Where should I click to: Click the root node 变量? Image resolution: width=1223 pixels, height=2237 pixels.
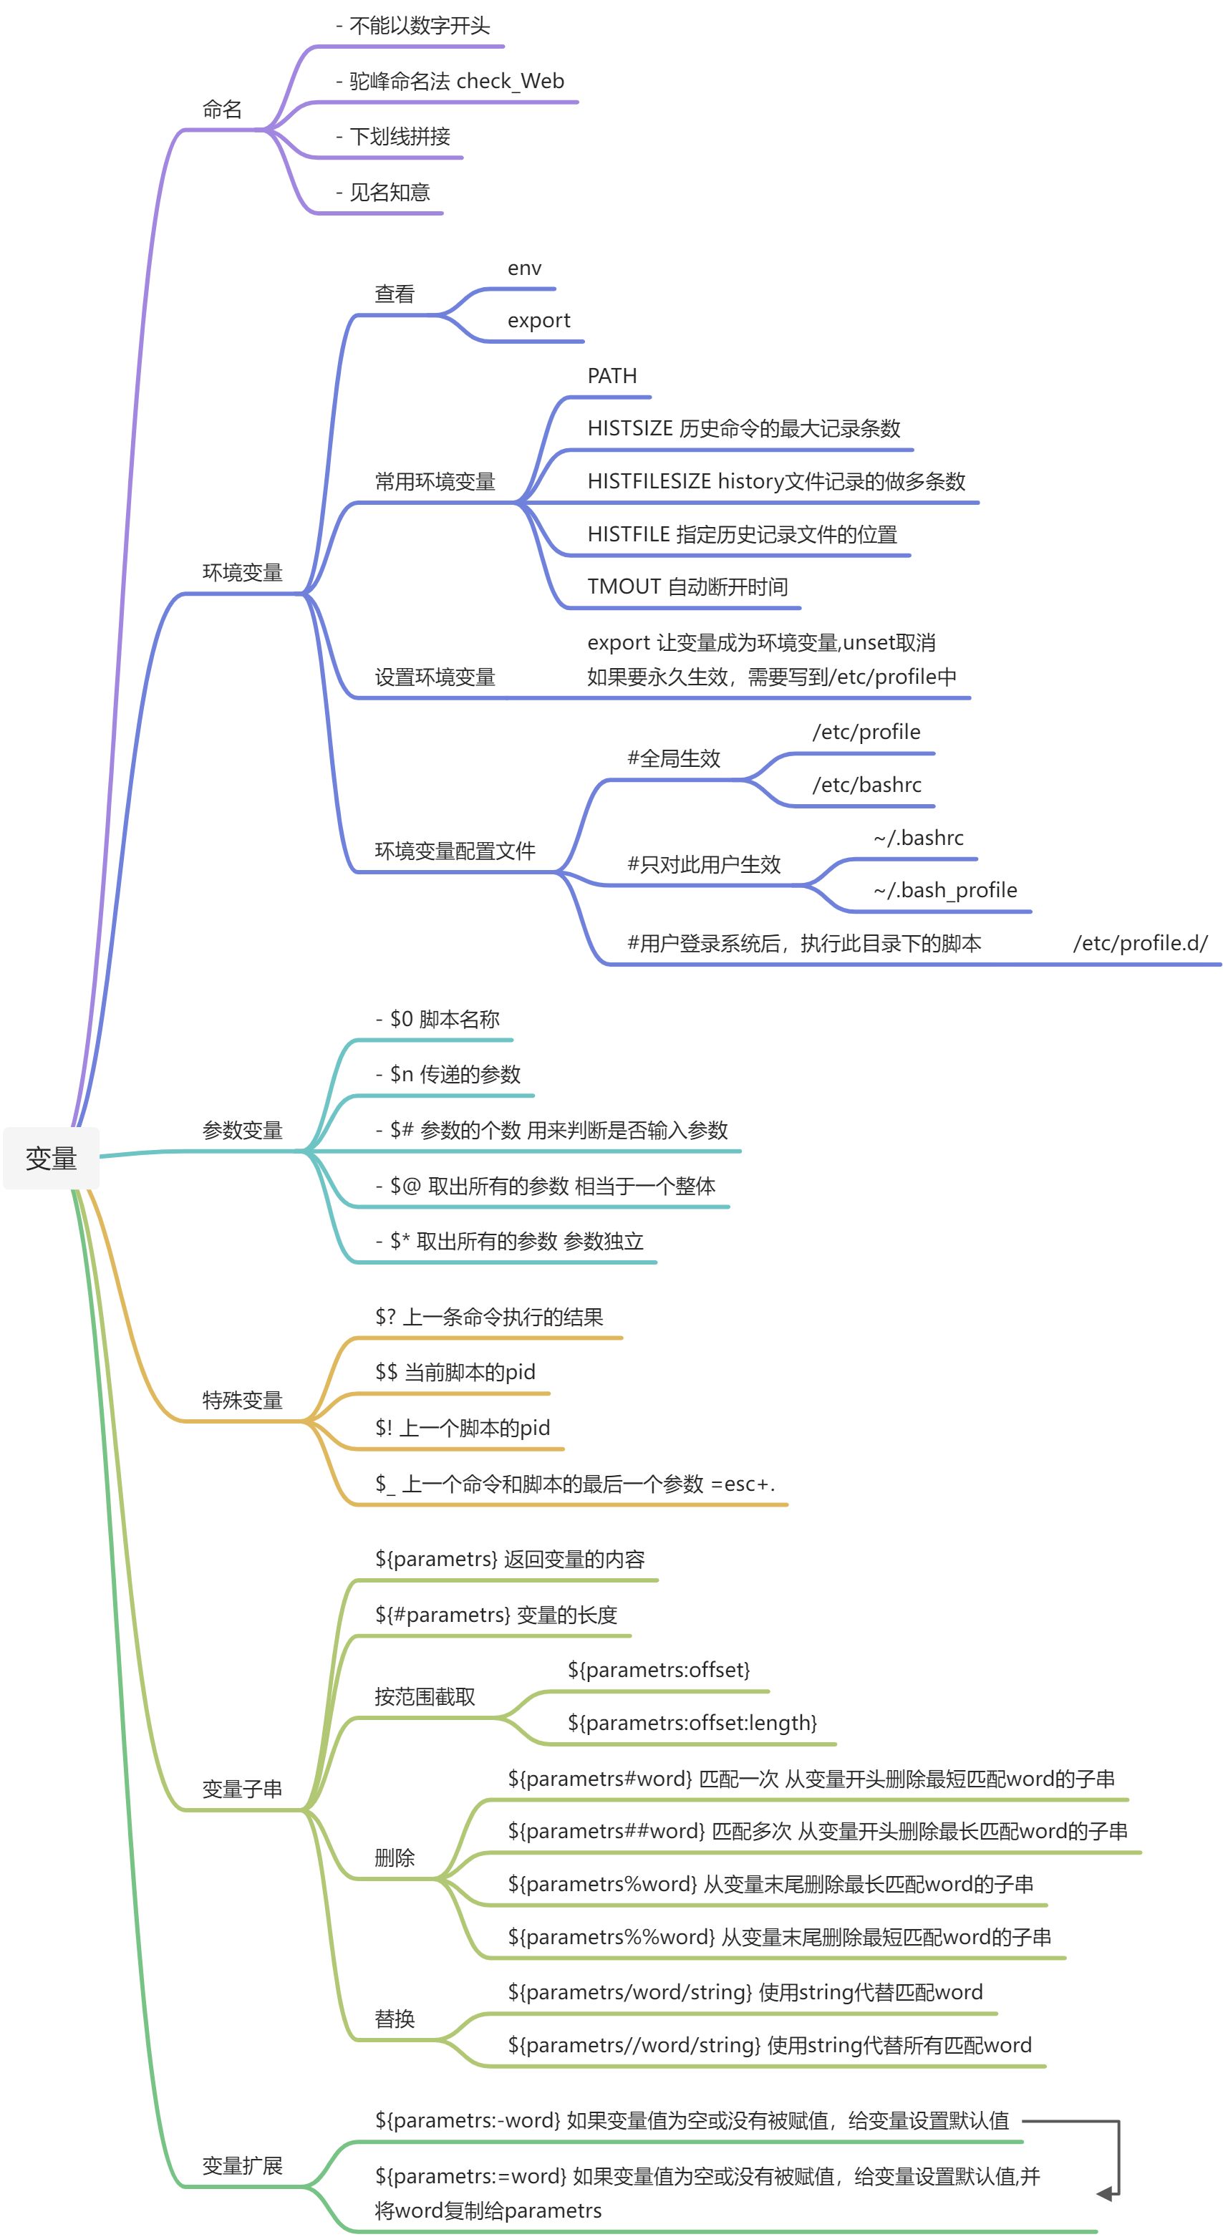point(52,1159)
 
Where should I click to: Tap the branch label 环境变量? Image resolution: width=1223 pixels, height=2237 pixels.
point(242,572)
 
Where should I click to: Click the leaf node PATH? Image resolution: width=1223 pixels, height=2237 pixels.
point(611,376)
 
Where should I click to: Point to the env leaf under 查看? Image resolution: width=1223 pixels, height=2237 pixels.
point(523,269)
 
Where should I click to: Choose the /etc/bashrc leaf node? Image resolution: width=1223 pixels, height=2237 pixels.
point(866,785)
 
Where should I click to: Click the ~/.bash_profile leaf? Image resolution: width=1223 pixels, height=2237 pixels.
point(945,890)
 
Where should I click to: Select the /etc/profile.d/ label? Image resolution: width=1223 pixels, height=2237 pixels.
point(1140,943)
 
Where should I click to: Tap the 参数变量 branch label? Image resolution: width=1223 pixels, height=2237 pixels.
point(242,1130)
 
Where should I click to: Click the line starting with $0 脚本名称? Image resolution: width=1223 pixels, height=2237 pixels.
point(437,1019)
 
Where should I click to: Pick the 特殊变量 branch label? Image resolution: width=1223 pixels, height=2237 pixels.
point(242,1400)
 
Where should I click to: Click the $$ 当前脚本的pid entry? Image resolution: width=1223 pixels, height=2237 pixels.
point(455,1372)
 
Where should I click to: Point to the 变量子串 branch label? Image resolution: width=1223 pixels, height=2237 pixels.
point(242,1789)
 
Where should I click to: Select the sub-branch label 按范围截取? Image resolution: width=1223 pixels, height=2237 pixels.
point(425,1696)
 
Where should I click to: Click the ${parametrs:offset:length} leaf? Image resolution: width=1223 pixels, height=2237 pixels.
point(692,1723)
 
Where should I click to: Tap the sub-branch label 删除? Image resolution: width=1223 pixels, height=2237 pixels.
point(395,1857)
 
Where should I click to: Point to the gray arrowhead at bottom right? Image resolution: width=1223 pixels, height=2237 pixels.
point(1105,2193)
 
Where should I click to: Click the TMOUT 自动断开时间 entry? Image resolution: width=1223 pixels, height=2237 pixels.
point(687,586)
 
